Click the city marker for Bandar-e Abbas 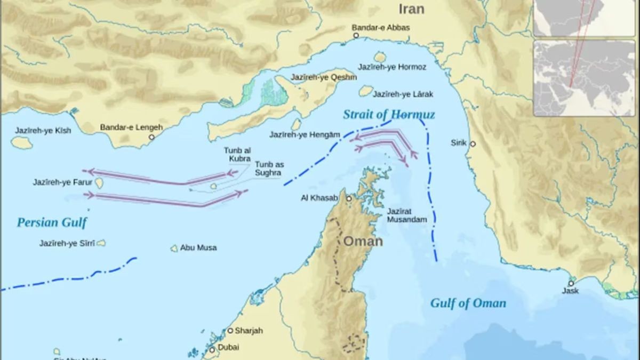[x=356, y=36]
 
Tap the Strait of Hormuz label [x=388, y=115]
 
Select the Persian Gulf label [x=52, y=222]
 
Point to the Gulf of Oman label [x=468, y=303]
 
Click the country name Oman [x=363, y=241]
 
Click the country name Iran [x=411, y=9]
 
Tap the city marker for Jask [x=571, y=283]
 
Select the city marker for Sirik [x=473, y=144]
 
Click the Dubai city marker [x=212, y=350]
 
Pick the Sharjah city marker [x=230, y=331]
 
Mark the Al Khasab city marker [x=349, y=198]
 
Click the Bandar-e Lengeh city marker [x=151, y=137]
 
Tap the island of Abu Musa [x=174, y=248]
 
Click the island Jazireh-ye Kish [x=21, y=142]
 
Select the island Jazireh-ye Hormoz [x=380, y=57]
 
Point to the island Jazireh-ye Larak [x=365, y=91]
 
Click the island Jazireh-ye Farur [x=99, y=183]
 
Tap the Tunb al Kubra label [x=237, y=155]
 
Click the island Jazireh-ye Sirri [x=101, y=243]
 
